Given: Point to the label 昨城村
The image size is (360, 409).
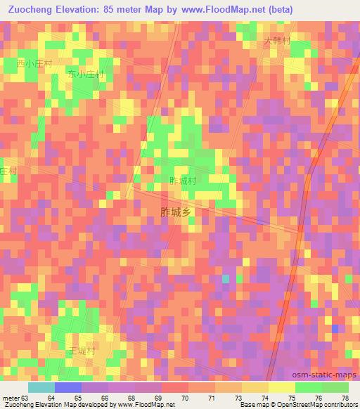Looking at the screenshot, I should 182,181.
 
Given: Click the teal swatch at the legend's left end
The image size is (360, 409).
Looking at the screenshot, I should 41,387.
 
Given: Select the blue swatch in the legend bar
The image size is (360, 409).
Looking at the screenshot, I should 67,387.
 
